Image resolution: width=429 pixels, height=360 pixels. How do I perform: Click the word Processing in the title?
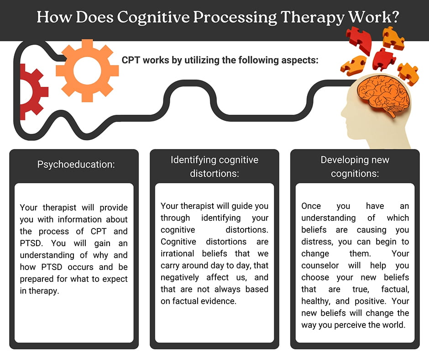click(235, 17)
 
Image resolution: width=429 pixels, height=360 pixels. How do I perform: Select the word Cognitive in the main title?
click(153, 17)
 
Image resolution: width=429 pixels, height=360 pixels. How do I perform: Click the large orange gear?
click(87, 70)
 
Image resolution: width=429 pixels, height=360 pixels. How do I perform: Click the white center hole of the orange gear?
click(87, 70)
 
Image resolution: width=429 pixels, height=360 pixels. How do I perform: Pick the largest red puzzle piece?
click(359, 40)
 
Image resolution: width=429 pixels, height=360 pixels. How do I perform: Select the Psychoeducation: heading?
click(76, 164)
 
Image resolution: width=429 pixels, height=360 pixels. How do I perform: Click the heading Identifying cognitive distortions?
click(214, 167)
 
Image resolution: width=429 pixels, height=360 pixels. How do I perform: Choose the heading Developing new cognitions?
click(355, 167)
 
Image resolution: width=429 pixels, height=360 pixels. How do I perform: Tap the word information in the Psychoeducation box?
click(79, 219)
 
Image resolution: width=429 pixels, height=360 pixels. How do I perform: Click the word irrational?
click(177, 254)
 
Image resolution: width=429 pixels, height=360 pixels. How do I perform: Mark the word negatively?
click(180, 277)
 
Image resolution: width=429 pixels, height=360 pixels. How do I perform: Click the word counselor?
click(320, 265)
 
